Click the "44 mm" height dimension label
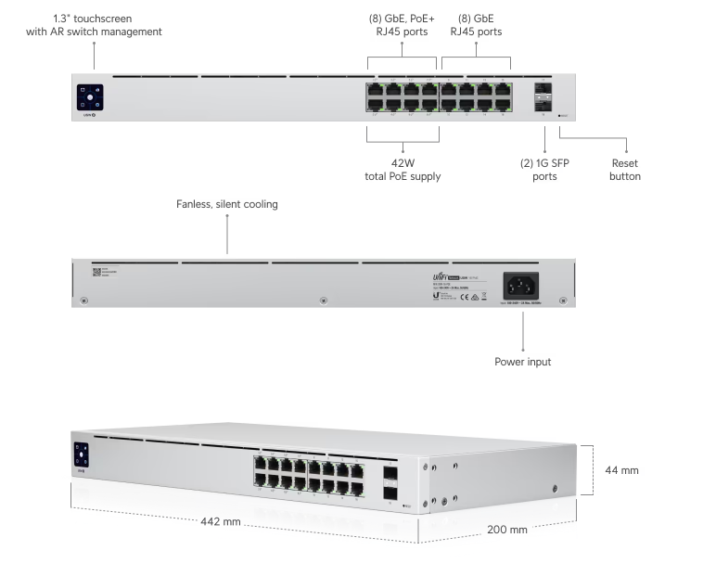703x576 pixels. [621, 470]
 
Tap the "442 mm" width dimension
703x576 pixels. [221, 521]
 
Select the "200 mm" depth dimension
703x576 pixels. [506, 530]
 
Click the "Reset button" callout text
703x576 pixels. [624, 170]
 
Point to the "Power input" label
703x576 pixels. [523, 362]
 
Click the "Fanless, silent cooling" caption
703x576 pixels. [227, 204]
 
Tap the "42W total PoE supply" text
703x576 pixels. [402, 170]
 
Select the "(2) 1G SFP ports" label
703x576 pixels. [544, 170]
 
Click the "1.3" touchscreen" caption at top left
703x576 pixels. [94, 25]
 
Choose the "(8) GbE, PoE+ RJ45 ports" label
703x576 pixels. [402, 25]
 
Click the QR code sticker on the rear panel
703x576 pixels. [97, 273]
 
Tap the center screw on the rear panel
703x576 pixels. [323, 300]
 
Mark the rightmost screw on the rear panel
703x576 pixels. [562, 300]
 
